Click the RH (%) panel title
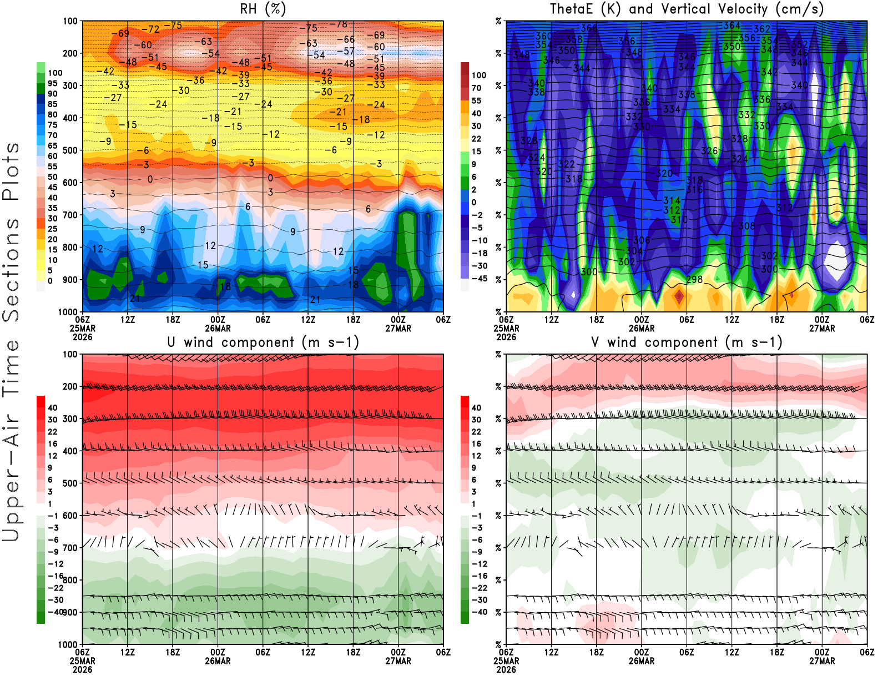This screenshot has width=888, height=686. click(x=263, y=9)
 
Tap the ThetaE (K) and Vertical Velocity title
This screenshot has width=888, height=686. click(x=687, y=9)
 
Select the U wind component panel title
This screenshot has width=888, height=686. click(x=263, y=342)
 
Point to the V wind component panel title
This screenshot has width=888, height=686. click(x=687, y=342)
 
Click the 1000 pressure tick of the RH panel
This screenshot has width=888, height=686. click(x=69, y=312)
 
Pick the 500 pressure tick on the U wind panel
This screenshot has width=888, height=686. click(x=70, y=483)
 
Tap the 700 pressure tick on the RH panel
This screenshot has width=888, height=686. click(x=70, y=215)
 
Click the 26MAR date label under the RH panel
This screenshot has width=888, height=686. click(x=218, y=328)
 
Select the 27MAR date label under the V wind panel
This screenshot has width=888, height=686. click(x=822, y=661)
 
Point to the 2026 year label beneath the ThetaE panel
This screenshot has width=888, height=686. click(x=506, y=337)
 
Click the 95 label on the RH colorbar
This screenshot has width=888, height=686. click(x=52, y=83)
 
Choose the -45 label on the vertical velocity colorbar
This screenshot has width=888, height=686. click(x=479, y=279)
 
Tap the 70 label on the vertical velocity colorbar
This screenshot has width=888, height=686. click(x=476, y=88)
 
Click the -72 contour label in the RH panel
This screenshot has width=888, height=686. click(x=150, y=29)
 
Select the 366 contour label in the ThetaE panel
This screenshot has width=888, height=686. click(x=589, y=28)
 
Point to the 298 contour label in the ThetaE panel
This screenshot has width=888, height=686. click(x=694, y=280)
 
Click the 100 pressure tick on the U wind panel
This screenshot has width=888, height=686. click(x=70, y=354)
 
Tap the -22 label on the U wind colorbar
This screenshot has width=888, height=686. click(x=56, y=588)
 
